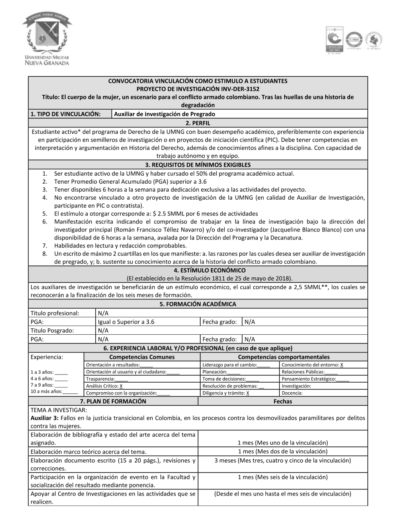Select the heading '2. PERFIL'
pyautogui.click(x=198, y=123)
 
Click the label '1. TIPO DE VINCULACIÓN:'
pyautogui.click(x=66, y=114)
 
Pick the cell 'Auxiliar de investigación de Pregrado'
pyautogui.click(x=164, y=114)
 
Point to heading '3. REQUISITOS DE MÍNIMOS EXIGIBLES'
pyautogui.click(x=198, y=165)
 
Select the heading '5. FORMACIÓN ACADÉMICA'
pyautogui.click(x=198, y=304)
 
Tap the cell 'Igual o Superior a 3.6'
pyautogui.click(x=126, y=322)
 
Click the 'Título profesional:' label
pyautogui.click(x=55, y=313)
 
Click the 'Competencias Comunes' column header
pyautogui.click(x=142, y=357)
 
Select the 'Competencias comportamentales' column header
pyautogui.click(x=283, y=357)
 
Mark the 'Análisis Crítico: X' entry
pyautogui.click(x=104, y=386)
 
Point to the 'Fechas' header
pyautogui.click(x=283, y=401)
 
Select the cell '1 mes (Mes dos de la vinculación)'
pyautogui.click(x=283, y=452)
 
